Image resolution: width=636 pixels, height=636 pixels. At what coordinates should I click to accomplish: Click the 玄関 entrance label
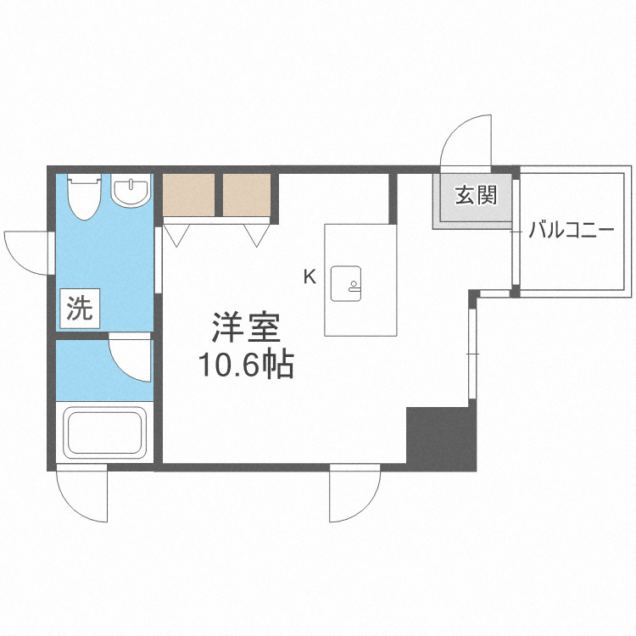[x=476, y=197]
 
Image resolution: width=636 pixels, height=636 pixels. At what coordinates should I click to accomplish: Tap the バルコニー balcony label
[x=571, y=229]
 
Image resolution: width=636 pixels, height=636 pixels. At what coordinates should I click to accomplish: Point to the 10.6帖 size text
[x=246, y=365]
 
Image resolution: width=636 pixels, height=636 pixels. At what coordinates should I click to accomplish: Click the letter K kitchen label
[x=310, y=276]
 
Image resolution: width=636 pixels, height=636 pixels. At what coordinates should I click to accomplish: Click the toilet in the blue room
[x=84, y=194]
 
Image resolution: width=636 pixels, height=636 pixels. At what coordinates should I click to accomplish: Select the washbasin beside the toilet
[x=131, y=191]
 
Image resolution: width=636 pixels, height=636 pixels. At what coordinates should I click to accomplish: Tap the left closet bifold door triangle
[x=177, y=232]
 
